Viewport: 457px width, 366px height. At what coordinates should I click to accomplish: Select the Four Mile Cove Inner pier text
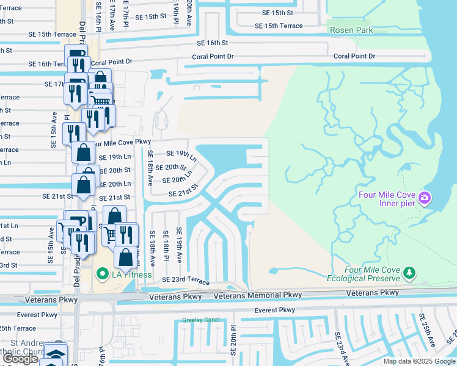click(x=388, y=199)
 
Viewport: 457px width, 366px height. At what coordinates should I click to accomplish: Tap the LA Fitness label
click(x=131, y=274)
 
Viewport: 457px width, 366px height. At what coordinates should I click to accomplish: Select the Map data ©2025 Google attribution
click(x=419, y=361)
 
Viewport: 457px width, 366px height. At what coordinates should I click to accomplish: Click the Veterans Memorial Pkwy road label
click(x=258, y=296)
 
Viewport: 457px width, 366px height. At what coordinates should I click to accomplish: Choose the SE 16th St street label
click(x=212, y=43)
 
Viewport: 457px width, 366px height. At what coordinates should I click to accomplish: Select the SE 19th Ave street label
click(x=179, y=245)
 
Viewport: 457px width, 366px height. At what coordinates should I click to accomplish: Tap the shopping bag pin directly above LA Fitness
click(x=125, y=257)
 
